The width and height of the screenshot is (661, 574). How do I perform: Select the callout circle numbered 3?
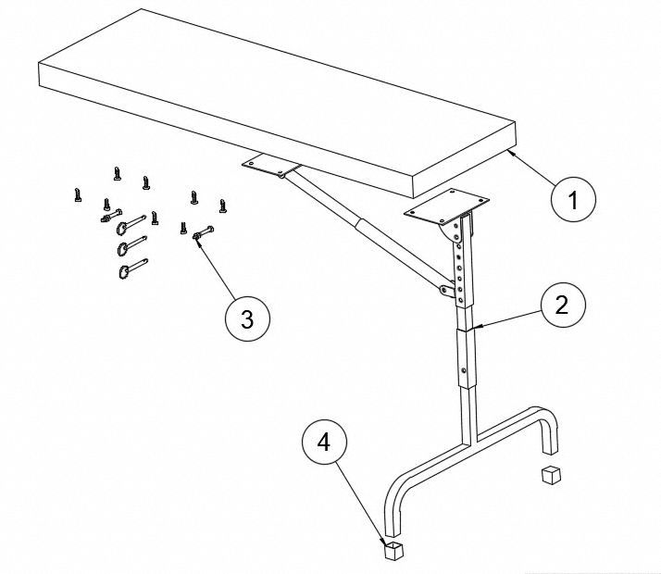click(246, 318)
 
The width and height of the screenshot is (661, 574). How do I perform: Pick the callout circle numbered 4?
click(323, 443)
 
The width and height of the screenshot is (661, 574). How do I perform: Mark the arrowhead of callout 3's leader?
click(197, 236)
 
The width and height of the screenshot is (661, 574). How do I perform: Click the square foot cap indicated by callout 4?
click(394, 551)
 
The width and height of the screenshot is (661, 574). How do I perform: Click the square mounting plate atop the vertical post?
click(444, 206)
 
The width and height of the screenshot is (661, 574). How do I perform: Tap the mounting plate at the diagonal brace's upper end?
click(270, 166)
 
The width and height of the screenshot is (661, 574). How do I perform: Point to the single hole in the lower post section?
click(464, 373)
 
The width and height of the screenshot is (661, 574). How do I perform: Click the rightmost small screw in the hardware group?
click(222, 205)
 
